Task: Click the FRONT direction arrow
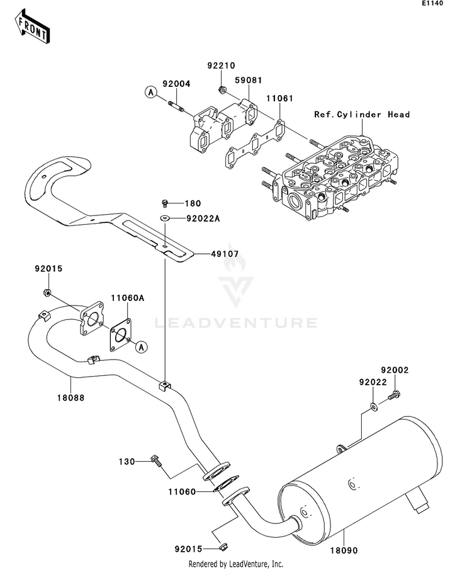pyautogui.click(x=32, y=27)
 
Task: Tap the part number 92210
pyautogui.click(x=222, y=66)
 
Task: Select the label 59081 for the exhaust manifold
pyautogui.click(x=248, y=81)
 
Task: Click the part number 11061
pyautogui.click(x=279, y=98)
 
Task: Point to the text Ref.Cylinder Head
pyautogui.click(x=362, y=115)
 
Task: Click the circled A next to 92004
pyautogui.click(x=150, y=93)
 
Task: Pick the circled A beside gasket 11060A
pyautogui.click(x=142, y=347)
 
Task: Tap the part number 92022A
pyautogui.click(x=203, y=219)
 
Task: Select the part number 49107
pyautogui.click(x=225, y=254)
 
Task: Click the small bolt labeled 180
pyautogui.click(x=165, y=203)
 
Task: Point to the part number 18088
pyautogui.click(x=70, y=397)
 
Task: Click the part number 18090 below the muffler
pyautogui.click(x=344, y=551)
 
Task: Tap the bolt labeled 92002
pyautogui.click(x=394, y=395)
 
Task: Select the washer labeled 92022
pyautogui.click(x=374, y=406)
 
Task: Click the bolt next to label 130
pyautogui.click(x=156, y=460)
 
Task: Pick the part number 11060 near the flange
pyautogui.click(x=182, y=492)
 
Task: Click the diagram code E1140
pyautogui.click(x=432, y=3)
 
